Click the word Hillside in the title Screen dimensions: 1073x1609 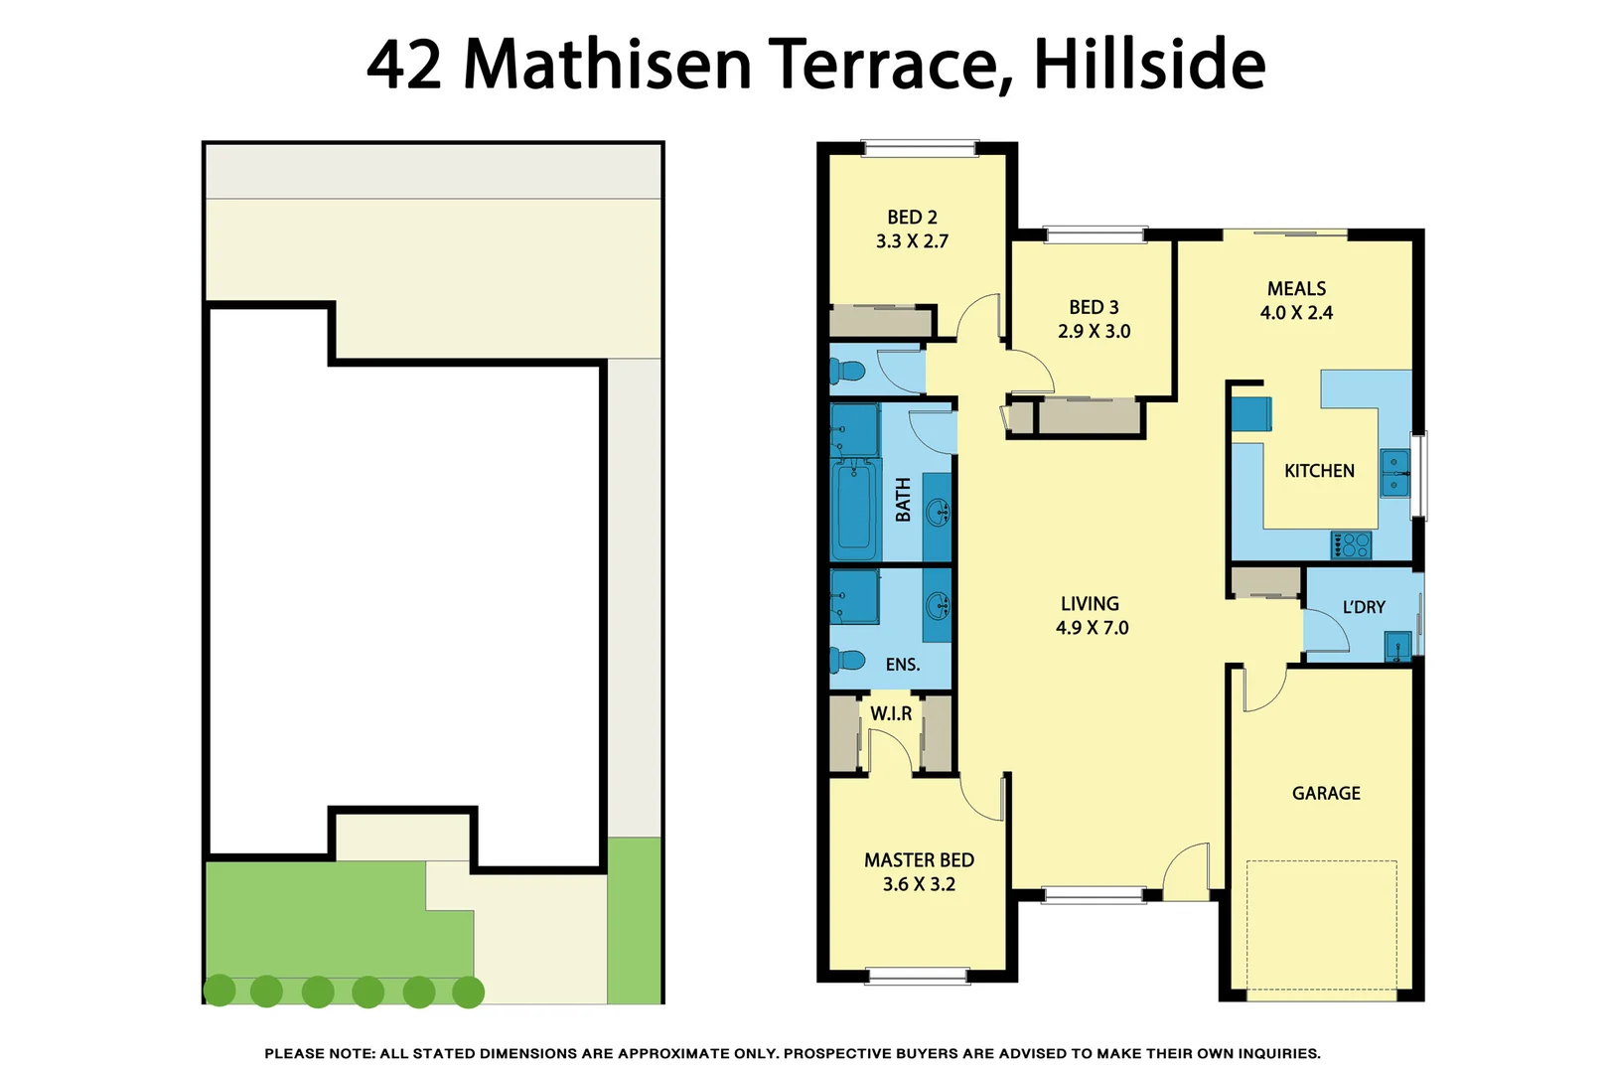coord(1149,64)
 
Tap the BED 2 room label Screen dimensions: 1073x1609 coord(912,217)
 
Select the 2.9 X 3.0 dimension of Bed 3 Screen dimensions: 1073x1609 coord(1094,331)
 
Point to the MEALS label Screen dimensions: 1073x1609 coord(1296,288)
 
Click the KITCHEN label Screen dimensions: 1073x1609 coord(1319,471)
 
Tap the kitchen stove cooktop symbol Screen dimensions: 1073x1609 coord(1352,545)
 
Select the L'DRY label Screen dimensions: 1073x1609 coord(1364,607)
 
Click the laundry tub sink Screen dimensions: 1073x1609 coord(1397,647)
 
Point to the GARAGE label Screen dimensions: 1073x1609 coord(1326,793)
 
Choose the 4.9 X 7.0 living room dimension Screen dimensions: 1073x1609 coord(1092,628)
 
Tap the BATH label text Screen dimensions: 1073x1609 coord(903,500)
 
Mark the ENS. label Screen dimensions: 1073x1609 coord(902,665)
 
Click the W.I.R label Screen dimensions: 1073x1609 coord(891,713)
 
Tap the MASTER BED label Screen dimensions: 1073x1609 coord(919,860)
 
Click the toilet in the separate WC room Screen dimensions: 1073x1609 coord(849,372)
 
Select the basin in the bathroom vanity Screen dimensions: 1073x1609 coord(937,513)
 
